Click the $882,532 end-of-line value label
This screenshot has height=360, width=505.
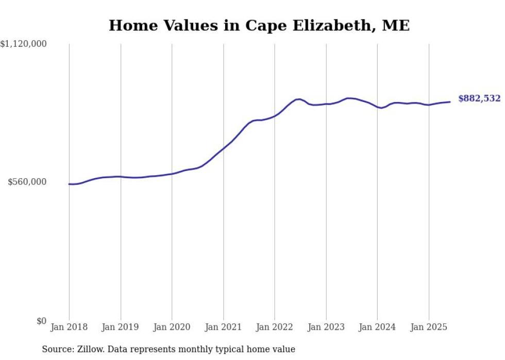[479, 98]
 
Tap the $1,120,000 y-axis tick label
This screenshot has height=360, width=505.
[24, 45]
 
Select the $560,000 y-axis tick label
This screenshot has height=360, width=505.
[27, 182]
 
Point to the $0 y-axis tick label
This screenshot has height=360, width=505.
[41, 321]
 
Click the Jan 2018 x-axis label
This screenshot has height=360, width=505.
[69, 327]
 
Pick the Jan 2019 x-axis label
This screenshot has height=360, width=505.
[121, 327]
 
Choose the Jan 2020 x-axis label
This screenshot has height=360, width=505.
[172, 327]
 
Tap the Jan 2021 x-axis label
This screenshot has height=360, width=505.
[223, 327]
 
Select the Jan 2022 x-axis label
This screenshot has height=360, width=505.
[274, 327]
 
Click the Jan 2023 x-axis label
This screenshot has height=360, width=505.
[326, 327]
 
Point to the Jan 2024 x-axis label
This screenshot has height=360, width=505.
[377, 327]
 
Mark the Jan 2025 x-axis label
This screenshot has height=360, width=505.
[428, 327]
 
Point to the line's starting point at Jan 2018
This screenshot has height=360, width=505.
[69, 184]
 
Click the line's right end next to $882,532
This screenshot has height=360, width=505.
[450, 101]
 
